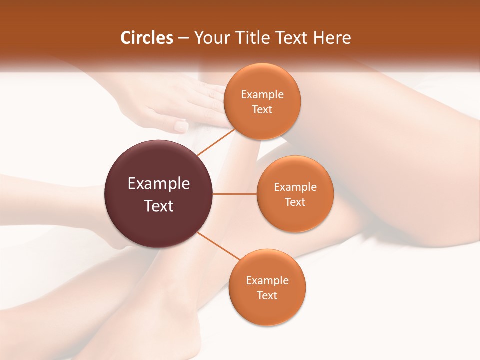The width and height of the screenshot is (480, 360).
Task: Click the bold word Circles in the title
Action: pos(147,38)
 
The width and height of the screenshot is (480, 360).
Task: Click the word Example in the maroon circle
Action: pos(159,184)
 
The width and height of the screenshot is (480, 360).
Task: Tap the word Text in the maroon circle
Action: pos(159,206)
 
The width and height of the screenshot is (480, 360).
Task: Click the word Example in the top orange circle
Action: pos(262,95)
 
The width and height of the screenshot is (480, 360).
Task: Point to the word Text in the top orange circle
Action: pos(262,110)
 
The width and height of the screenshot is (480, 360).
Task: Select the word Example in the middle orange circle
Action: pos(295,187)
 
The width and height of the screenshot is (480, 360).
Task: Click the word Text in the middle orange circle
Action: pos(295,202)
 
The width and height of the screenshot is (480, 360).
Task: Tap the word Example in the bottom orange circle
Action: pos(267,281)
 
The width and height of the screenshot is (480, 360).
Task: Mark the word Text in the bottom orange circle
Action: pos(267,296)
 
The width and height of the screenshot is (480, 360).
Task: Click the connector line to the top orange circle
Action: pos(216,142)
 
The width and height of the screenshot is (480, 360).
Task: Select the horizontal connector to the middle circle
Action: pos(235,194)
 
